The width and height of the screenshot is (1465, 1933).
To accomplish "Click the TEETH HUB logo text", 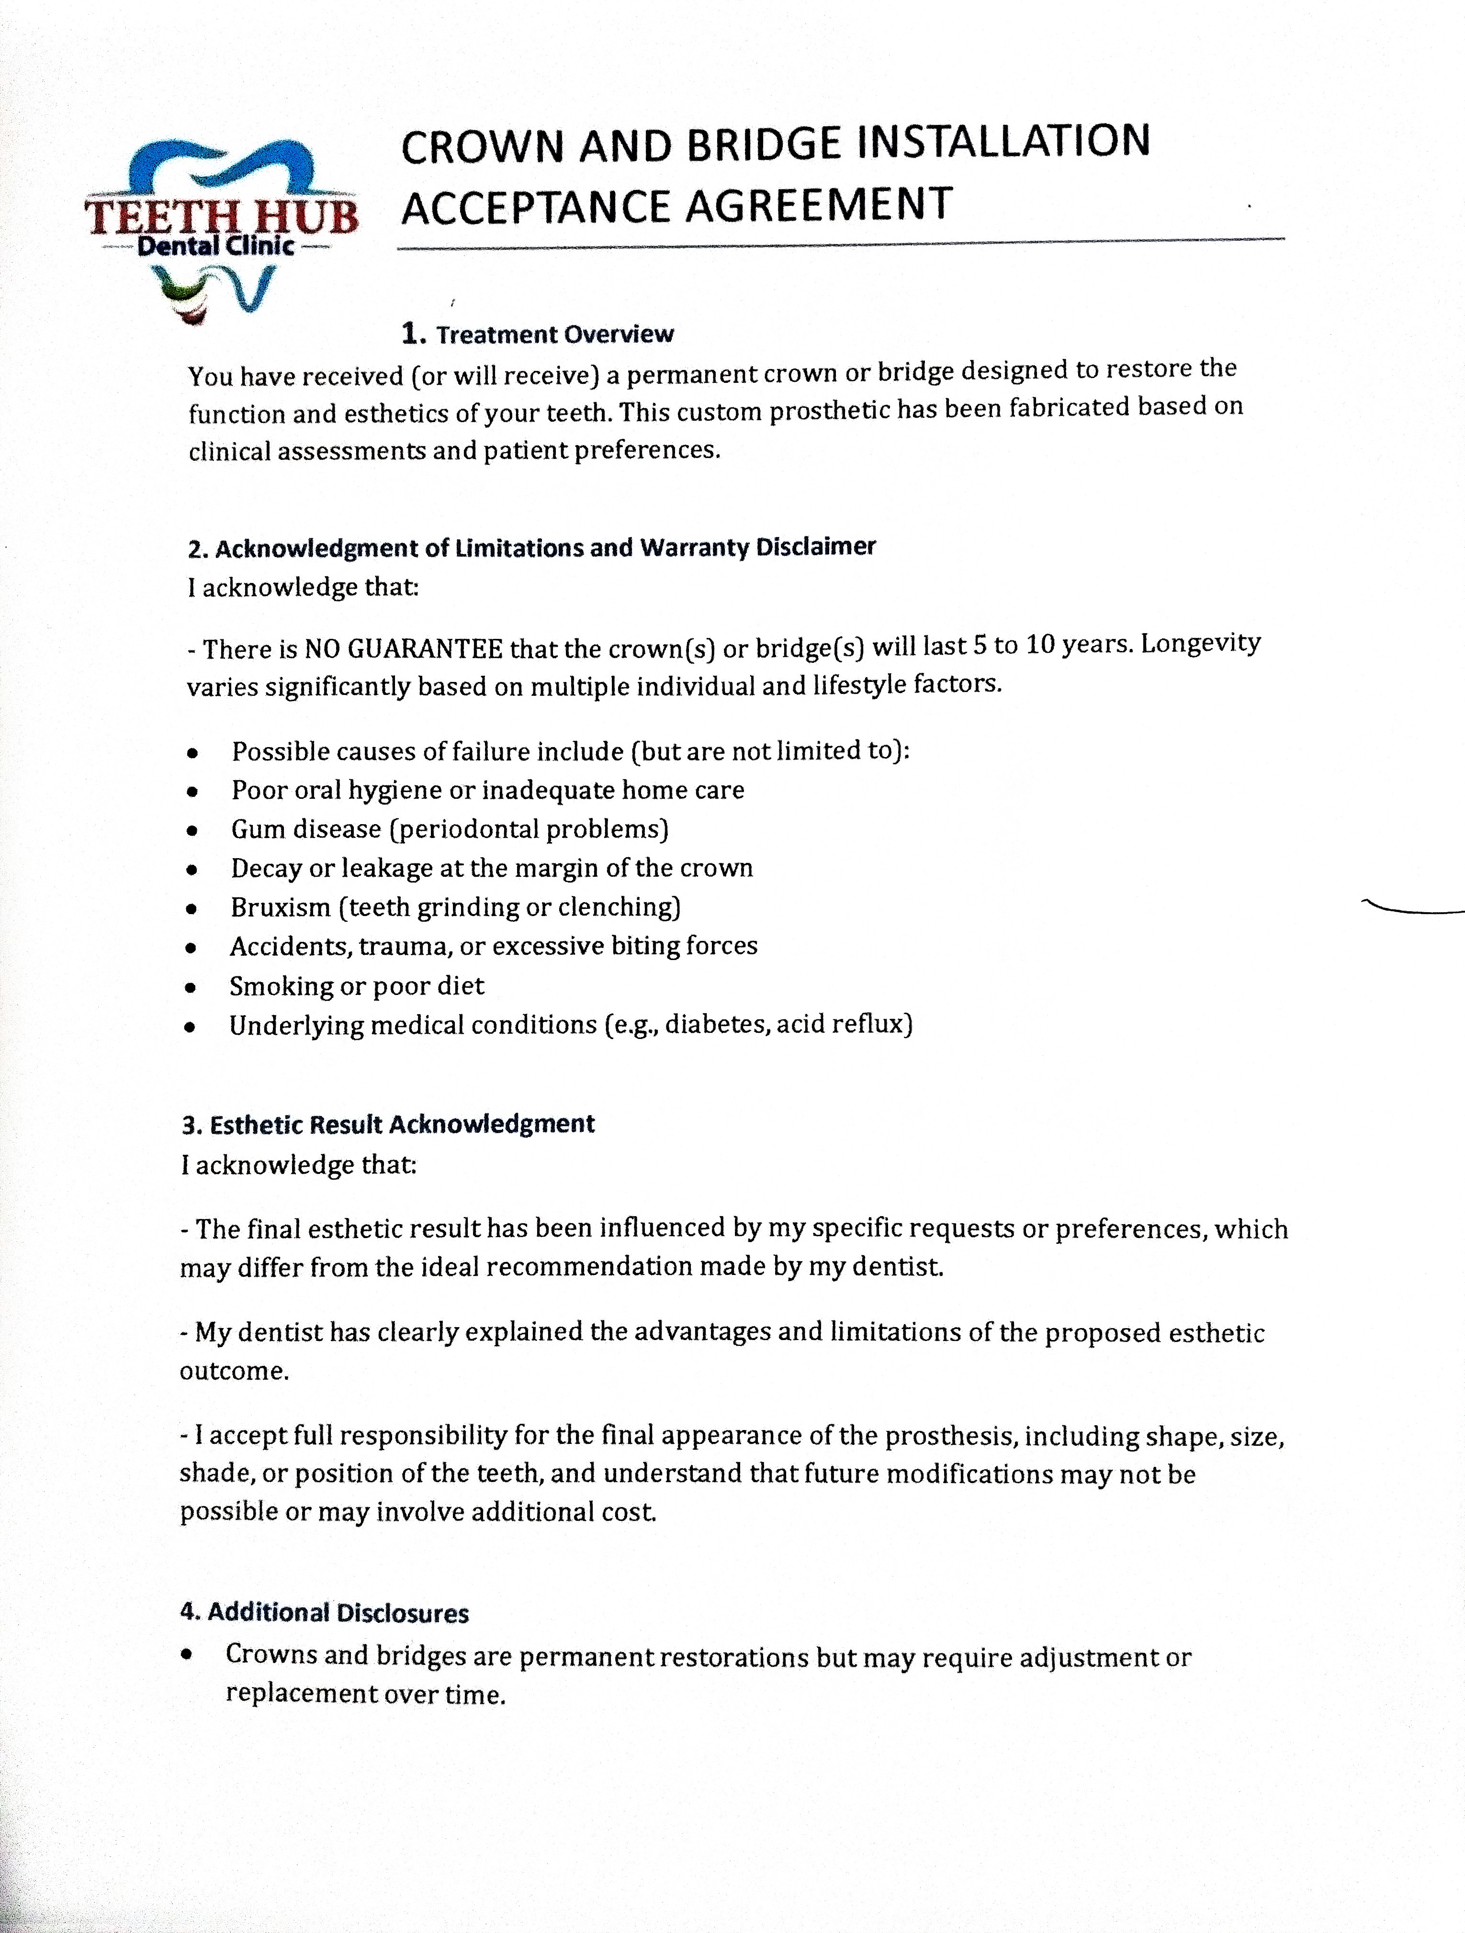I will pos(221,215).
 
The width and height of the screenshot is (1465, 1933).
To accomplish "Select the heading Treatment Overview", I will pos(554,335).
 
